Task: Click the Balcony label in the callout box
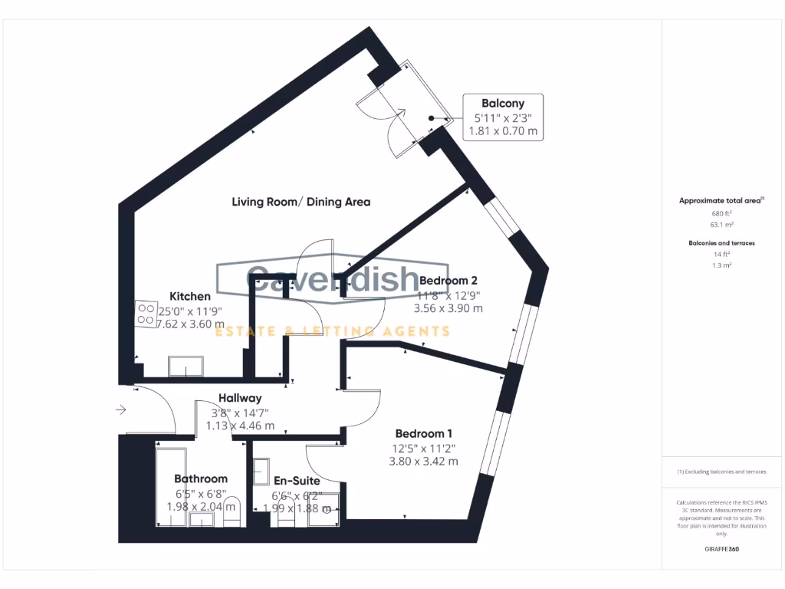[x=502, y=103]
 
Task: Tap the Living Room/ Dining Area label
[x=301, y=202]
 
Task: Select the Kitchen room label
[x=189, y=296]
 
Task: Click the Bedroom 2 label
[x=448, y=280]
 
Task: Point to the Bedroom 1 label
[x=425, y=433]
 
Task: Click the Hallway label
[x=240, y=398]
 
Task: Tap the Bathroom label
[x=200, y=479]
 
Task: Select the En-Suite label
[x=297, y=481]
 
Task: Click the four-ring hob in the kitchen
[x=146, y=312]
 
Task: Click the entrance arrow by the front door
[x=121, y=411]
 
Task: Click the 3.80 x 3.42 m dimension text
[x=425, y=462]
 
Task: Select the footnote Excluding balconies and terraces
[x=721, y=472]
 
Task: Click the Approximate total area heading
[x=721, y=200]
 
